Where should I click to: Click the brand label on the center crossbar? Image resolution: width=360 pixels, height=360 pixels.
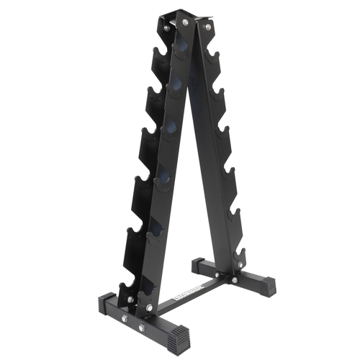(189, 294)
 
